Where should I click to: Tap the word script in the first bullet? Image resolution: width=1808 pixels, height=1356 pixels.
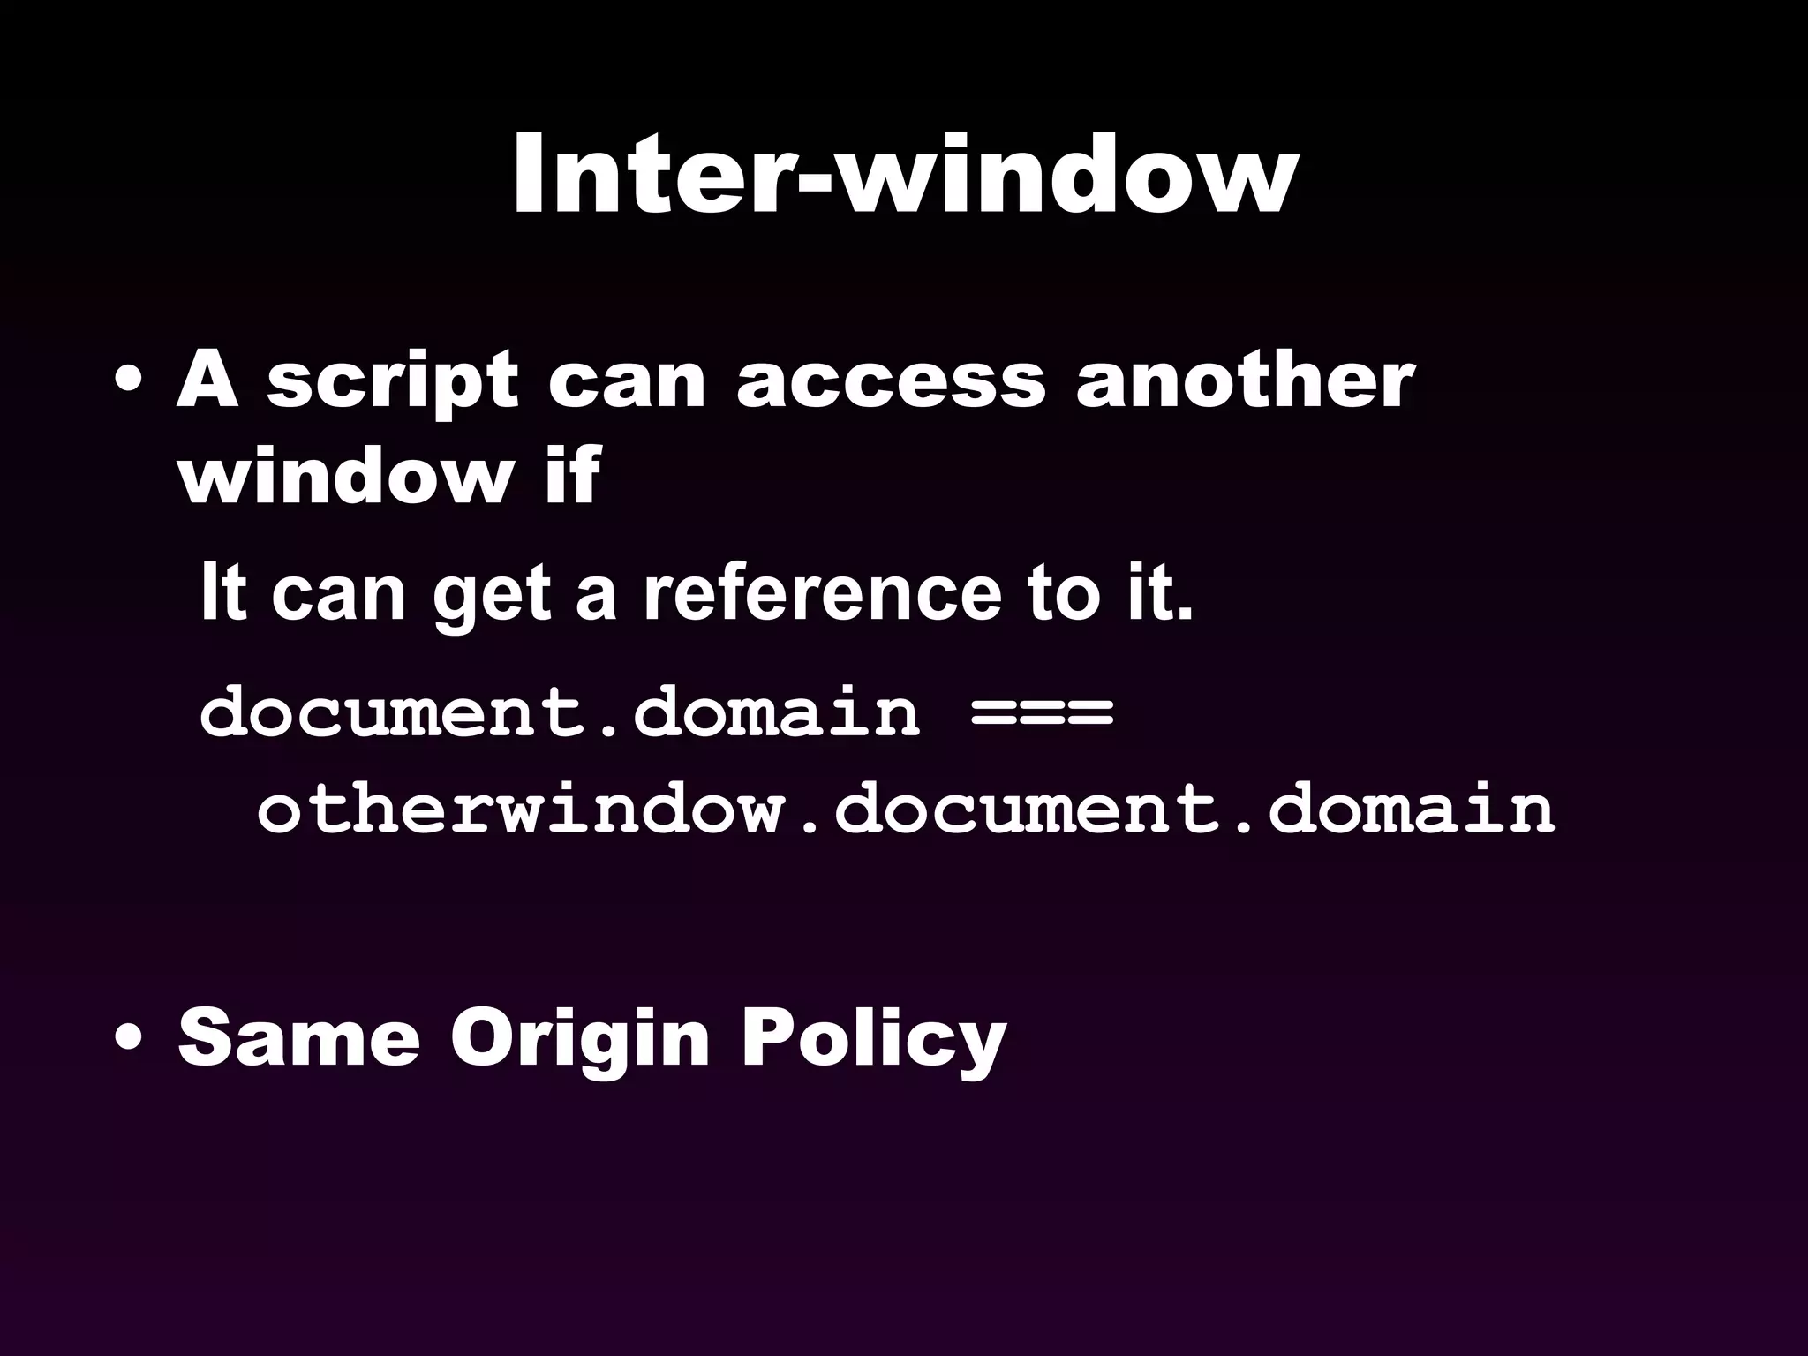(392, 384)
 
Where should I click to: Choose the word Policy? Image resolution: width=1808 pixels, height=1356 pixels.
(873, 1040)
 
